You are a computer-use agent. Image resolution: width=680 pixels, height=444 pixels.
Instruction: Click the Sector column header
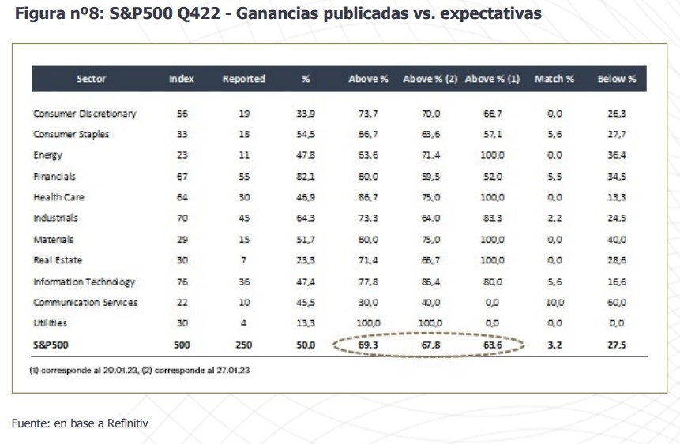pyautogui.click(x=91, y=79)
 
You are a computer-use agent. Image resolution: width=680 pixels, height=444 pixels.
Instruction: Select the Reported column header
pyautogui.click(x=243, y=79)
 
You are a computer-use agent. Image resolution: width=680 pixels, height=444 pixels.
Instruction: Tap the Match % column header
pyautogui.click(x=554, y=79)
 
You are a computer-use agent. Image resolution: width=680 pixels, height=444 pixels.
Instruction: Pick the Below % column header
pyautogui.click(x=617, y=79)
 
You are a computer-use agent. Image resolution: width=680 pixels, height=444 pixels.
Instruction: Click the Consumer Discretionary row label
pyautogui.click(x=85, y=114)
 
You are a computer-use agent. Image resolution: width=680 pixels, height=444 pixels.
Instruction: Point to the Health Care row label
pyautogui.click(x=58, y=197)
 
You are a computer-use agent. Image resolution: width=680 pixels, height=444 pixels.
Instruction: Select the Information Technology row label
pyautogui.click(x=84, y=282)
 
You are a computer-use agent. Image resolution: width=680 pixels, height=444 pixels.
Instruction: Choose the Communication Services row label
pyautogui.click(x=85, y=303)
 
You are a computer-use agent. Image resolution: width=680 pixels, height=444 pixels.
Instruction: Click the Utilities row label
pyautogui.click(x=50, y=323)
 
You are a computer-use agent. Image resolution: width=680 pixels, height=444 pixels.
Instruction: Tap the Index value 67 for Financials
pyautogui.click(x=182, y=177)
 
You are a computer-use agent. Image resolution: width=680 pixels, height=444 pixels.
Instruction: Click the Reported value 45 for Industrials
pyautogui.click(x=244, y=218)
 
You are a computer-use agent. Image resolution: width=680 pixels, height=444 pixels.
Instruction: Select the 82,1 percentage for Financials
pyautogui.click(x=306, y=177)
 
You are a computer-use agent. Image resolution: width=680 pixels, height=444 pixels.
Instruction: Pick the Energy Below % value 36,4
pyautogui.click(x=617, y=155)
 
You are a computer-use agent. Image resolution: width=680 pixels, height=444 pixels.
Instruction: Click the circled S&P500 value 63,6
pyautogui.click(x=493, y=345)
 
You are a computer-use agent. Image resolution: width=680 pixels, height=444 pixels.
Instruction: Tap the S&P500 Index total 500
pyautogui.click(x=182, y=345)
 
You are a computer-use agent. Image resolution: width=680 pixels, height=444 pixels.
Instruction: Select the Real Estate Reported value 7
pyautogui.click(x=244, y=260)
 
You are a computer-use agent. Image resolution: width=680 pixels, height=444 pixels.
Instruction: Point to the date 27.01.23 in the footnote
pyautogui.click(x=233, y=370)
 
